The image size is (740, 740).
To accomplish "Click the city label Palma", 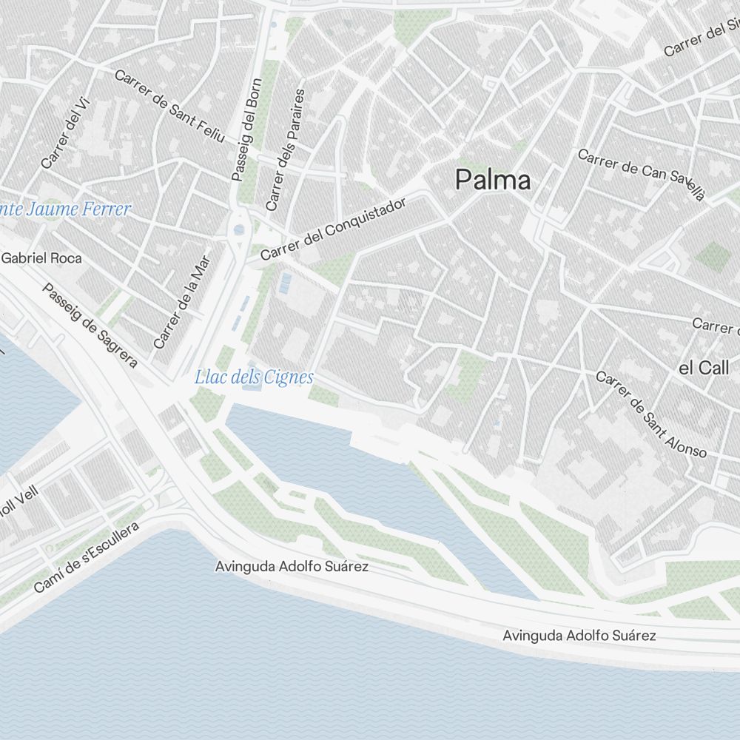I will click(x=493, y=180).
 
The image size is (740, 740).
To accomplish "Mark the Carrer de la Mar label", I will click(x=182, y=302).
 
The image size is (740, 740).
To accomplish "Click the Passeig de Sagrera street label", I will click(x=90, y=326).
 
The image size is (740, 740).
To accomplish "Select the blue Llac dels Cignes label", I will click(x=254, y=377).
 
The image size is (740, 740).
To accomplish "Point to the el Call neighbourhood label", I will click(x=704, y=367).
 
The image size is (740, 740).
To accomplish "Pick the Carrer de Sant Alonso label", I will click(x=651, y=414).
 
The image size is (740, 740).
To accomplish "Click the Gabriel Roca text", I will click(x=41, y=258).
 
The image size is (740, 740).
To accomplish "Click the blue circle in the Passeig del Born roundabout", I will click(x=238, y=230).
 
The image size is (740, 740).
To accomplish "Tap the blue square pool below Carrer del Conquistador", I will click(x=285, y=281).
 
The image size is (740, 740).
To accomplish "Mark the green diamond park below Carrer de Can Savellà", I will click(x=713, y=256).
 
